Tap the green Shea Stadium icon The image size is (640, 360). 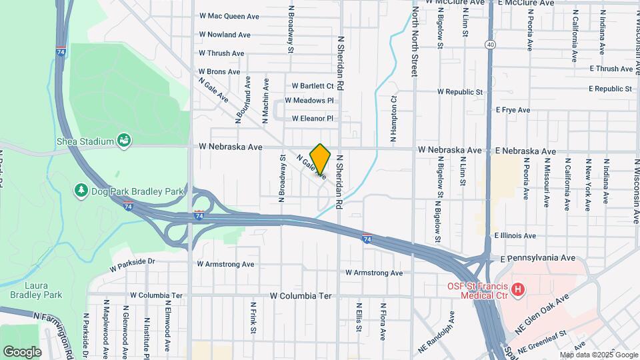coord(123,140)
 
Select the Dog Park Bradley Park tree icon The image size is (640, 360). coord(81,191)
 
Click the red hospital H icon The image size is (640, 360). coord(519,289)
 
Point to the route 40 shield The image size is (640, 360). coord(490,45)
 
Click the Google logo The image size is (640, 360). coord(22,351)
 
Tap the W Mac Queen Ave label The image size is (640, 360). coord(229,15)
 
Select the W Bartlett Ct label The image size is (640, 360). coord(313,86)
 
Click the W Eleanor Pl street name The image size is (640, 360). coord(313,119)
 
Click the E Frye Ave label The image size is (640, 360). coord(513,110)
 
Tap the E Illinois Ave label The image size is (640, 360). coord(515,236)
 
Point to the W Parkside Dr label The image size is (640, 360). coord(132,262)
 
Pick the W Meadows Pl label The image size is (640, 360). coord(309,101)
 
